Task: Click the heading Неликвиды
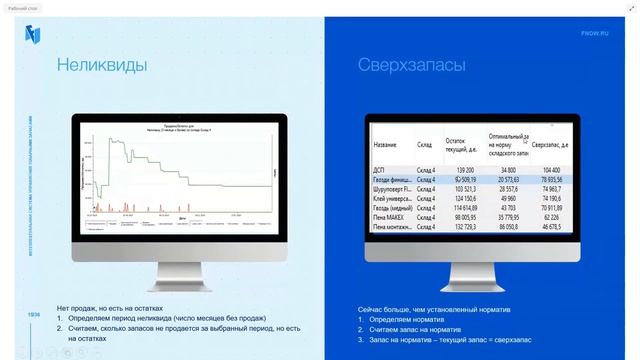pyautogui.click(x=101, y=66)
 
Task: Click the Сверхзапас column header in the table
pyautogui.click(x=550, y=146)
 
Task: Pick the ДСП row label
pyautogui.click(x=379, y=170)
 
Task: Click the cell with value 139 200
pyautogui.click(x=463, y=170)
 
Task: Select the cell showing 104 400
pyautogui.click(x=549, y=170)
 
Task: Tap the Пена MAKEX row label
pyautogui.click(x=391, y=215)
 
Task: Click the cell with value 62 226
pyautogui.click(x=551, y=215)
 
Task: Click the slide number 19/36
pyautogui.click(x=34, y=315)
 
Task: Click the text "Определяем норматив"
pyautogui.click(x=409, y=319)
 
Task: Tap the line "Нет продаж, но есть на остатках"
pyautogui.click(x=109, y=308)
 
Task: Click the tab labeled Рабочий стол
pyautogui.click(x=23, y=8)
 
